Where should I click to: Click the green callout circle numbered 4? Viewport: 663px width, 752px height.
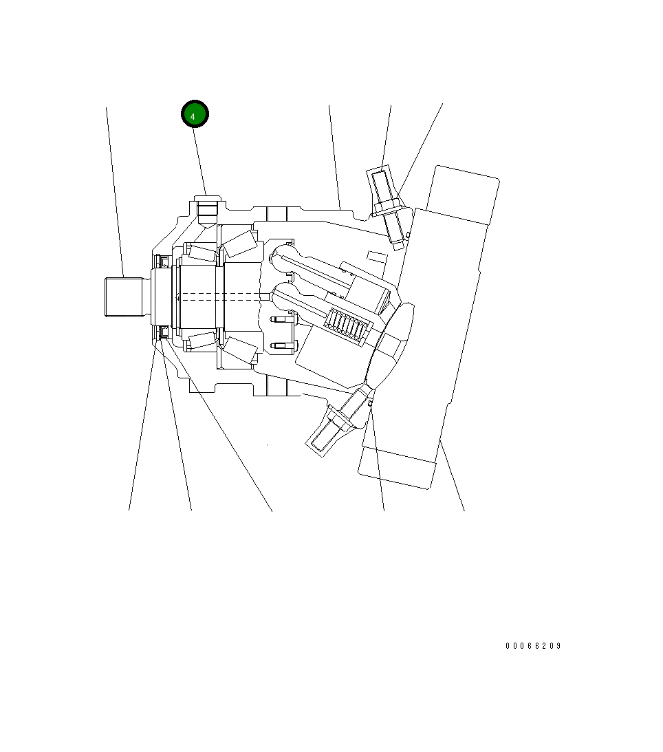(195, 115)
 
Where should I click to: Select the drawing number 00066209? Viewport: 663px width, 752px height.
(533, 646)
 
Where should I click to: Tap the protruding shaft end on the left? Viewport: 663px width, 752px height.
(124, 297)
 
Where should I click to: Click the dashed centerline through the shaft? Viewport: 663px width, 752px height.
(220, 297)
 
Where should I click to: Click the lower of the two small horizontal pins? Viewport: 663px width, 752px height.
(283, 345)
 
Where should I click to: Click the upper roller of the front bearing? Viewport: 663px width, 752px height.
(202, 252)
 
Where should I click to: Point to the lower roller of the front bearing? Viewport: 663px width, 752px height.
(202, 341)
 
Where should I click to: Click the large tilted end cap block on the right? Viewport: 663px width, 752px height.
(440, 323)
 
